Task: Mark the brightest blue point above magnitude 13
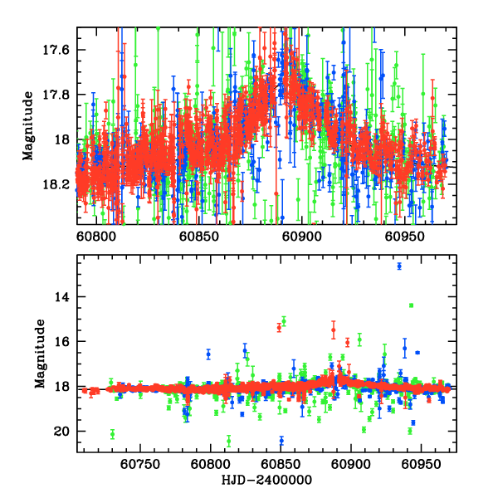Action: [399, 266]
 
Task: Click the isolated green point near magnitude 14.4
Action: [411, 305]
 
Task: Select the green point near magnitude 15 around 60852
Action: [284, 320]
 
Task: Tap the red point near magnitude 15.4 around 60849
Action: [279, 327]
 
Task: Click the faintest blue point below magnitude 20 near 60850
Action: [281, 440]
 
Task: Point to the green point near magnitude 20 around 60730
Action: [112, 434]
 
